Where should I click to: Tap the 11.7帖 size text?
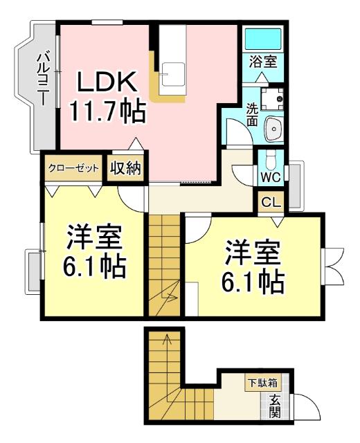pos(108,111)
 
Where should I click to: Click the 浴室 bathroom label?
pos(263,60)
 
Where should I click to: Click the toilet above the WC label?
pos(271,159)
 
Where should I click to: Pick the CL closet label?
pos(270,203)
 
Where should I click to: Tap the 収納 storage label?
pos(125,168)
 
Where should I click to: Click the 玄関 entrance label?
pos(275,406)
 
